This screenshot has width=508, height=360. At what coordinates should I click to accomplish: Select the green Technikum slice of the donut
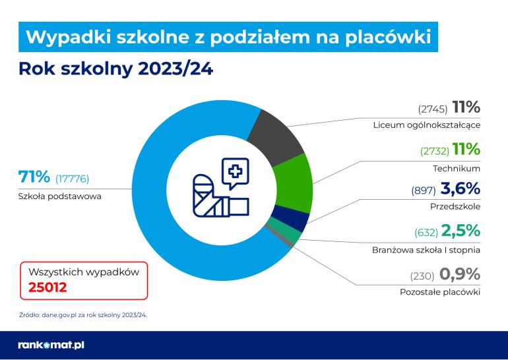(292, 182)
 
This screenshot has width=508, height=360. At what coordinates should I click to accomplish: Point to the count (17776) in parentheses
(72, 179)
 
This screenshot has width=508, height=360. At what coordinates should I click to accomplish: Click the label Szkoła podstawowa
(59, 196)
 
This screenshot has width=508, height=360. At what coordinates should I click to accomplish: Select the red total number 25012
(48, 287)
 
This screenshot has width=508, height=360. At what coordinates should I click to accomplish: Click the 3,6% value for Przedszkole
(460, 190)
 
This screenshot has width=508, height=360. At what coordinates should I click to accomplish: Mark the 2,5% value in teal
(460, 231)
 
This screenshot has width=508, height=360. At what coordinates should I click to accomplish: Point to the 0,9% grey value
(460, 274)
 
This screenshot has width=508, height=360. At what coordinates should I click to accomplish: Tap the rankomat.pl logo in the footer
(51, 345)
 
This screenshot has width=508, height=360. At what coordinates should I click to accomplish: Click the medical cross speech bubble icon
(235, 173)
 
